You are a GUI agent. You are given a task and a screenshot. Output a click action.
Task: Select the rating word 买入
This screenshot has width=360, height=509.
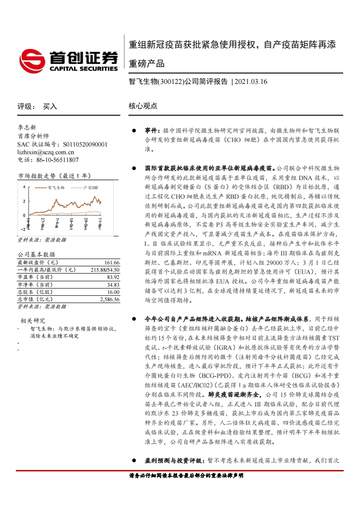pyautogui.click(x=50, y=106)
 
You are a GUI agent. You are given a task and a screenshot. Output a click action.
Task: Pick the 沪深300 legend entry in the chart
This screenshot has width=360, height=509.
pyautogui.click(x=91, y=187)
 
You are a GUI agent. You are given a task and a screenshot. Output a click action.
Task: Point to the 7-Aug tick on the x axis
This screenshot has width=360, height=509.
pyautogui.click(x=56, y=224)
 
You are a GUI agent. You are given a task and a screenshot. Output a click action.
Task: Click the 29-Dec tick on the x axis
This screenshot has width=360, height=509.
pyautogui.click(x=85, y=224)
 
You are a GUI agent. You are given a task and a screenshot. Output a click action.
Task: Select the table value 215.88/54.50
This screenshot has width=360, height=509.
pyautogui.click(x=105, y=269)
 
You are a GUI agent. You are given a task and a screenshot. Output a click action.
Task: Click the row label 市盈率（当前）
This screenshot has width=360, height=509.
pyautogui.click(x=35, y=277)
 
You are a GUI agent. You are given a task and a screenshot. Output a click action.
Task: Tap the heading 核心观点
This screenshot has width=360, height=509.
pyautogui.click(x=143, y=106)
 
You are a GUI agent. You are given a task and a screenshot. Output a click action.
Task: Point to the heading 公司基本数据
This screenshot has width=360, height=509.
pyautogui.click(x=36, y=254)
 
